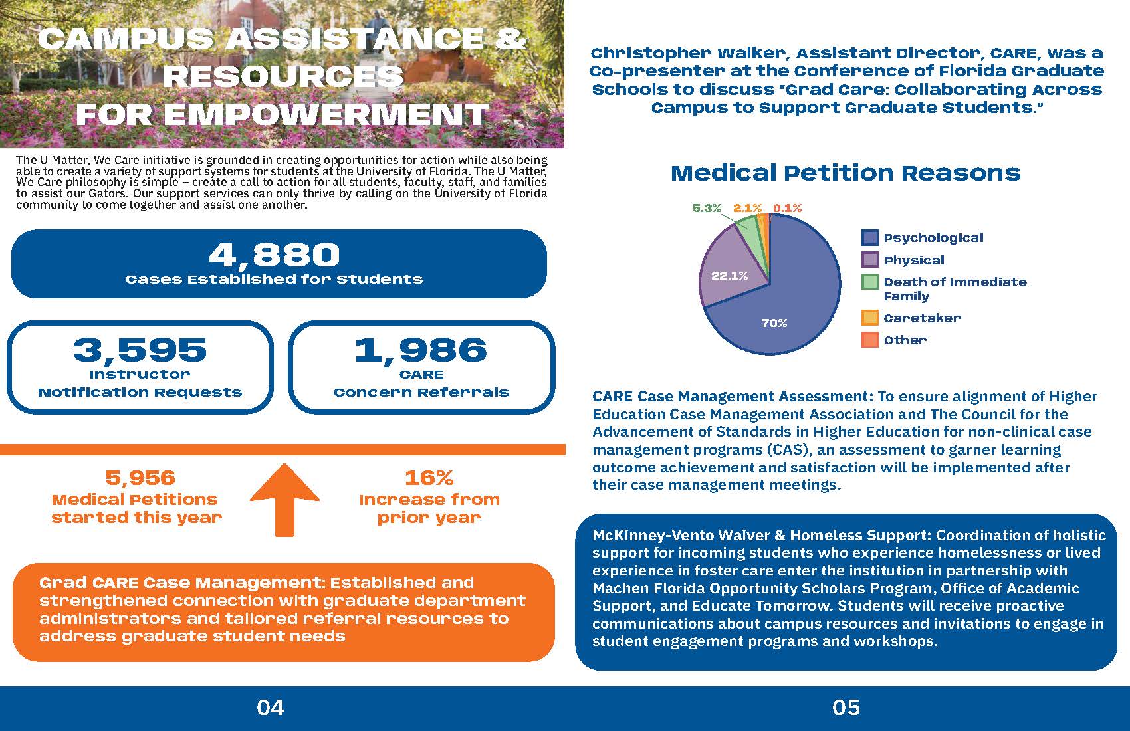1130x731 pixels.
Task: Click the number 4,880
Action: click(275, 255)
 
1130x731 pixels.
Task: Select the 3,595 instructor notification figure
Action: click(140, 350)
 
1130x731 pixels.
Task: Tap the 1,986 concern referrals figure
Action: click(421, 350)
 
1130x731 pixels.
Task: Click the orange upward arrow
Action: click(284, 500)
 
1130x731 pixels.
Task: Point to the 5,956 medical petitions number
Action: click(140, 478)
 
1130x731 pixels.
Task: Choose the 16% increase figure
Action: click(429, 478)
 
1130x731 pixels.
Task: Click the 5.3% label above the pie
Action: click(707, 208)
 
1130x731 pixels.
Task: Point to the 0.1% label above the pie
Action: click(788, 208)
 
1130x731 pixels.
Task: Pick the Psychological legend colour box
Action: click(870, 238)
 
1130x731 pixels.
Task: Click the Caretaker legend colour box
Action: click(870, 318)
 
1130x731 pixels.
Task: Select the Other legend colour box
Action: click(870, 340)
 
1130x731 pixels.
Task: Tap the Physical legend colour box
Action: click(870, 260)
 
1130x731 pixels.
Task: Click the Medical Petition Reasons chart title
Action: click(846, 173)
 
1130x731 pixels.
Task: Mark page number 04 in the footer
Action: click(271, 708)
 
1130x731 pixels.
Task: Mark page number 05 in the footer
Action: click(846, 708)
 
